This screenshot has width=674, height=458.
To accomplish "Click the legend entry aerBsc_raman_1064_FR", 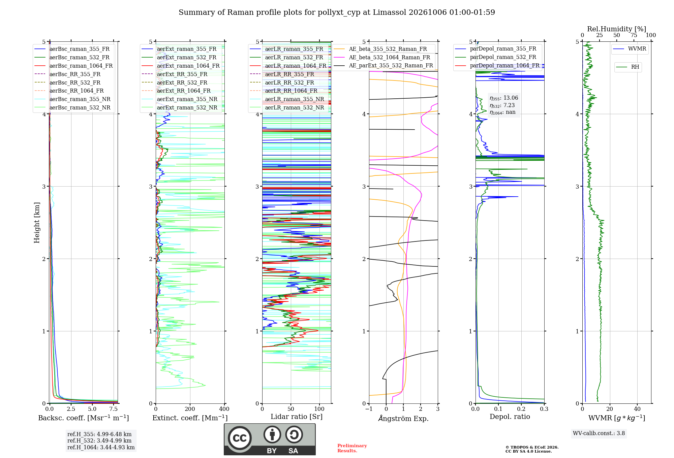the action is click(73, 66).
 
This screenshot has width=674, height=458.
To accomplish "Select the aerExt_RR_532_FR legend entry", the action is click(175, 83).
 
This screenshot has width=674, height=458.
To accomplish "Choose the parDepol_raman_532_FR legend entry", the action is click(495, 57).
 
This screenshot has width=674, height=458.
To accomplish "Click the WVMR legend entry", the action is click(630, 49).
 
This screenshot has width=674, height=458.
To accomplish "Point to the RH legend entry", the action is click(627, 67).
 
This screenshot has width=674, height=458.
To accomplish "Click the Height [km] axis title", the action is click(37, 223).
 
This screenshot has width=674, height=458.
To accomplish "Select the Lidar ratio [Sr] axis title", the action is click(297, 417).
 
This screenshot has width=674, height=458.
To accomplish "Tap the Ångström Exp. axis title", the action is click(403, 418).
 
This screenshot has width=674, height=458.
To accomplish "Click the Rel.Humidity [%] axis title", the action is click(617, 29).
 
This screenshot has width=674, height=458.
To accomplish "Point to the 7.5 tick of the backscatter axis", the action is click(114, 409).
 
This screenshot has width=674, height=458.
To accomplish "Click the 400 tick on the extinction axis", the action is click(224, 409).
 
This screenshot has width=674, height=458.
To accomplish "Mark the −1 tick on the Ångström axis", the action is click(369, 409).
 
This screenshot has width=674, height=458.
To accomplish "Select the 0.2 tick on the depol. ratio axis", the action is click(521, 409).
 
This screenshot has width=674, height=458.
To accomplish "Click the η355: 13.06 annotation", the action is click(504, 98).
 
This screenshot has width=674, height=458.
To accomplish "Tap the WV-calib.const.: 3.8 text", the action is click(599, 433).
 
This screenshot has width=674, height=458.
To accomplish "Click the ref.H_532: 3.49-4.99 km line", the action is click(99, 440).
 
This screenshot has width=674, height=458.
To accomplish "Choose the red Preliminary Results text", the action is click(352, 448).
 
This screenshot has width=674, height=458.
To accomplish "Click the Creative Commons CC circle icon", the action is click(240, 438).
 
